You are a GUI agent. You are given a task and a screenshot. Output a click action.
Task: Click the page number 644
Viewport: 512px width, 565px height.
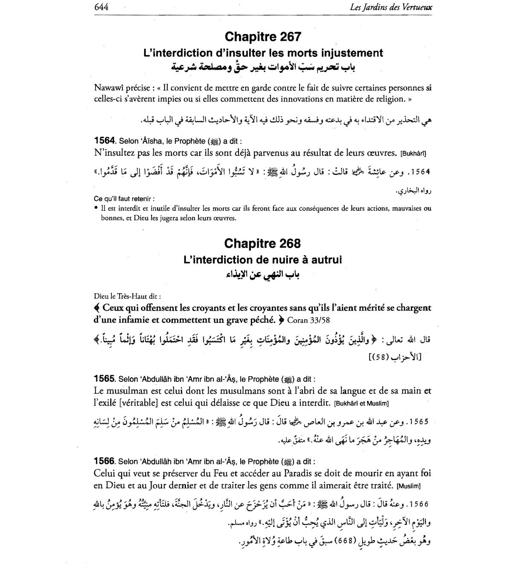pos(101,7)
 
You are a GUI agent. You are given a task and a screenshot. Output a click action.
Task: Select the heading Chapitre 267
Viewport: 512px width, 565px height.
pos(263,37)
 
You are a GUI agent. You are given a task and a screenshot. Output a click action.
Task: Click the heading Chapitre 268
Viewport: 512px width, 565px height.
pos(262,243)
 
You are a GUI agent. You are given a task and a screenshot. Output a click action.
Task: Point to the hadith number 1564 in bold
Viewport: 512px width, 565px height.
pos(104,141)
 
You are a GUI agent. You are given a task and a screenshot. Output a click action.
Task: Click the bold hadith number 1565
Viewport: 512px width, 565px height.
pos(104,378)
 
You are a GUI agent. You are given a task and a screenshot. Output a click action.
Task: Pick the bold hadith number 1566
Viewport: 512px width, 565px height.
pos(104,461)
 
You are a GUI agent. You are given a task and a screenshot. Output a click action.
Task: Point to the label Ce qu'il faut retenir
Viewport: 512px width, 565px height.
pos(124,199)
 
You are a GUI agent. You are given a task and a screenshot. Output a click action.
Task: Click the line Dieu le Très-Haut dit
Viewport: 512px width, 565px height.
pos(128,296)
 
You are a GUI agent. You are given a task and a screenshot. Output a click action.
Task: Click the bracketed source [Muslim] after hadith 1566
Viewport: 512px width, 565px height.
pos(408,486)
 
